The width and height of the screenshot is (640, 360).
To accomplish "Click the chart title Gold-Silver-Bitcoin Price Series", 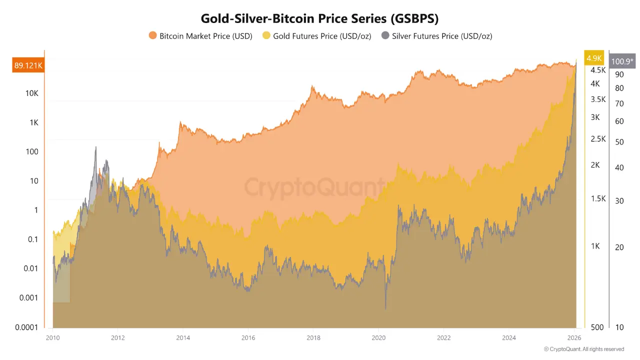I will (x=319, y=18).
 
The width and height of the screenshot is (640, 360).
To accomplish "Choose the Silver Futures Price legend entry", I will (x=436, y=36).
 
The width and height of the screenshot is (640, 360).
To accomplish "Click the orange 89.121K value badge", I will (x=28, y=65).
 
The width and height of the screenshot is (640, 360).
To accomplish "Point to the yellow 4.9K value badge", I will (x=594, y=58).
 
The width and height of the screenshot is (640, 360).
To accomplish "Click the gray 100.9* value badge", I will (x=621, y=61).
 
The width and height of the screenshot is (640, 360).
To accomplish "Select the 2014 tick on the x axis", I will (x=183, y=337).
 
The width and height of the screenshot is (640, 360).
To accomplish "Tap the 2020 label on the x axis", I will (x=378, y=337).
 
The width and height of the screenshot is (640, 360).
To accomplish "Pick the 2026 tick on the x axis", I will (x=574, y=337).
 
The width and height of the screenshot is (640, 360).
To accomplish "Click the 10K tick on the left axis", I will (x=32, y=93).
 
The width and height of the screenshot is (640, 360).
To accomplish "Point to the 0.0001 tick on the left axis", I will (x=26, y=327).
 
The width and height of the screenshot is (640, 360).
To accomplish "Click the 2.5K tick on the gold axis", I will (x=598, y=139).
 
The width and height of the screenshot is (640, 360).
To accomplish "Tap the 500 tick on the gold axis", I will (x=597, y=327).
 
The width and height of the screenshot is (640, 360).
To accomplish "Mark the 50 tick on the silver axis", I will (x=619, y=141).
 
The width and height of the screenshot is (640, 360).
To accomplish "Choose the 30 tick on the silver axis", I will (x=619, y=201).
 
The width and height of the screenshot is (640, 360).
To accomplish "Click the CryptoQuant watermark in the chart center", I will (x=314, y=187).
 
